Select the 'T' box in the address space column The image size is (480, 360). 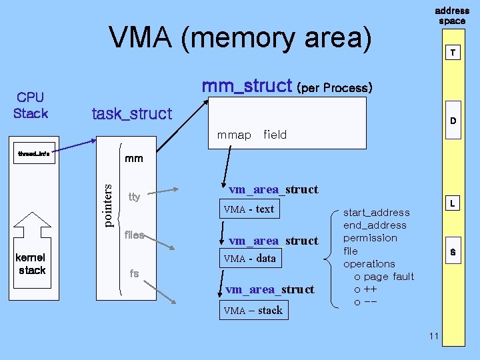coord(453,53)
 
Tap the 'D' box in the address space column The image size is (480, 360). coord(453,121)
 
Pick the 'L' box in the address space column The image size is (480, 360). coord(453,201)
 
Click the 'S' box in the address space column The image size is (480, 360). coord(453,251)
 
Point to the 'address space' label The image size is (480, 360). coord(452,15)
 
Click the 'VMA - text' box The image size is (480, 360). coord(249,209)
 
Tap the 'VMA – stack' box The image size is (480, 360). coord(253,310)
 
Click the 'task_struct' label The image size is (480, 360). coord(131,114)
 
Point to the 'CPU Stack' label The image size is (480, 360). coord(31,106)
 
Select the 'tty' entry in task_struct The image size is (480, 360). coord(134,197)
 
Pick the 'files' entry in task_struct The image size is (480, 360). coord(135,235)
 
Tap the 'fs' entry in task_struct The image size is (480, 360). coord(134,273)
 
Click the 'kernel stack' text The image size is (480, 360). coord(32,263)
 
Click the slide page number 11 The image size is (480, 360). coord(434,335)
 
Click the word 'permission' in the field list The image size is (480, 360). coord(370,238)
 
